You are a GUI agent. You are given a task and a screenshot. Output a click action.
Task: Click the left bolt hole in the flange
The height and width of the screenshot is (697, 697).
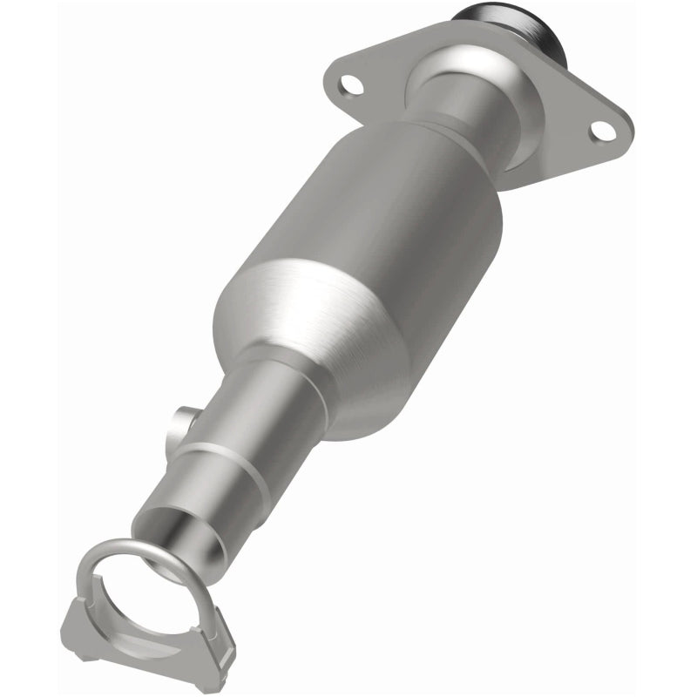point(351,85)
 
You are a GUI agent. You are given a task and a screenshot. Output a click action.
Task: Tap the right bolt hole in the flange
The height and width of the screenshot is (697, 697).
point(600,130)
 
